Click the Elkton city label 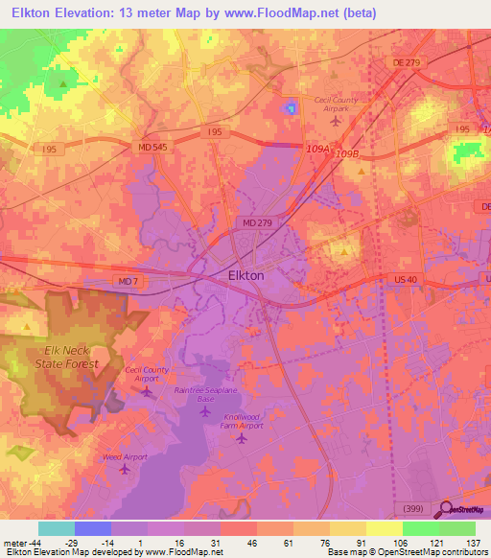245,275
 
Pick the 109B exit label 346,153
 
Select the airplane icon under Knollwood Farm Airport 242,438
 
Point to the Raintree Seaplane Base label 204,394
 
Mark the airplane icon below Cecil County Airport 147,391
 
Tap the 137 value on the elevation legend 473,543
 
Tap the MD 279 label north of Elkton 252,222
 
